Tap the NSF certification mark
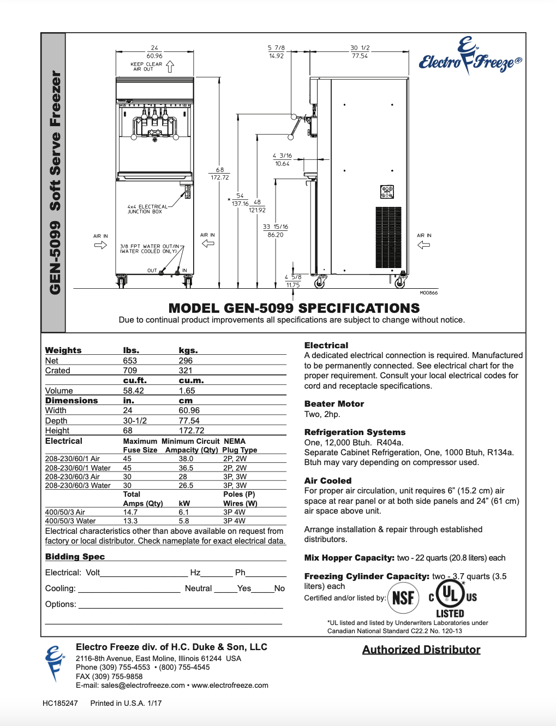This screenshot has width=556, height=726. tap(403, 598)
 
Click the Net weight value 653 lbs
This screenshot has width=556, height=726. tap(130, 361)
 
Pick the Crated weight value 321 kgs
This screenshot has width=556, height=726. tap(186, 371)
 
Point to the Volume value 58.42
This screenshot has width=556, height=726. tap(133, 391)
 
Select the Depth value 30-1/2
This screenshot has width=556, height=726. tap(135, 421)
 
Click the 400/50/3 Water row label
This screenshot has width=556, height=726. tap(70, 521)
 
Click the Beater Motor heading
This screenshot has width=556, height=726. tap(334, 404)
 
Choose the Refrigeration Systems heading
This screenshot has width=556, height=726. tap(355, 432)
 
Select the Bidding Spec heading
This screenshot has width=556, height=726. tap(75, 557)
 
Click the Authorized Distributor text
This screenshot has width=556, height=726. tap(421, 650)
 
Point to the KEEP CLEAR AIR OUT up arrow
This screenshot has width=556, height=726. tap(170, 67)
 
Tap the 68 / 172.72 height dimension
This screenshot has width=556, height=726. tap(219, 174)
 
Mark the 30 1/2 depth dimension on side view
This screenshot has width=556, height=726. tap(360, 52)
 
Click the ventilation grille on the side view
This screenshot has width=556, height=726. tap(388, 237)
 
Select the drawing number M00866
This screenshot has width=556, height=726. tap(428, 293)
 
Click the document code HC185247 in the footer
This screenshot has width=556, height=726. tap(60, 703)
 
